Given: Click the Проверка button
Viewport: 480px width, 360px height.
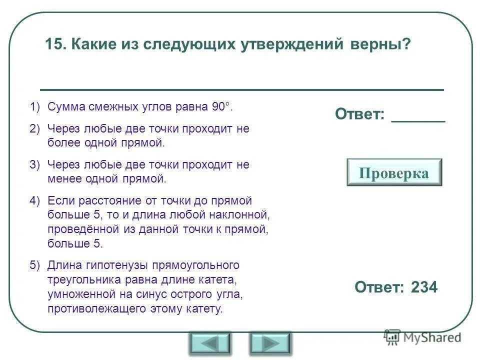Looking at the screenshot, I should (394, 172).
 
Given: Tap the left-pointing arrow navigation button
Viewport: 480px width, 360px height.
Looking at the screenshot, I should (209, 343).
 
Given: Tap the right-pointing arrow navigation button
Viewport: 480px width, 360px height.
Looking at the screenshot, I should (270, 343).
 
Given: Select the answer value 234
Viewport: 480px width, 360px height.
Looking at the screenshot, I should (424, 287).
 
